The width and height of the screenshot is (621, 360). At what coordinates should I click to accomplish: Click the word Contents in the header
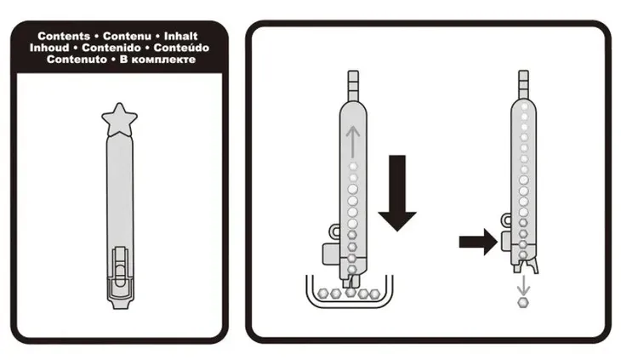click(x=64, y=36)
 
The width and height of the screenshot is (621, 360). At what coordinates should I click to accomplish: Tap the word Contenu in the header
click(x=127, y=36)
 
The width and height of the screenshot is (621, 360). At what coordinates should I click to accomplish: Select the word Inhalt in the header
click(x=180, y=36)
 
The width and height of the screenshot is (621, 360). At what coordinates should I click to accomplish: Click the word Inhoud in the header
click(x=49, y=48)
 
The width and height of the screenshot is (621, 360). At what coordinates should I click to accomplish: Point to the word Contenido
click(x=111, y=48)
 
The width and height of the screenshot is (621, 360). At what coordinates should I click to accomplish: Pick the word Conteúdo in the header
click(x=181, y=48)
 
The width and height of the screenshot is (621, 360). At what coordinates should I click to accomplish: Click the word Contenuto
click(x=77, y=60)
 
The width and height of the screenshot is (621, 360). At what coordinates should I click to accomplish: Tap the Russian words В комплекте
click(x=157, y=60)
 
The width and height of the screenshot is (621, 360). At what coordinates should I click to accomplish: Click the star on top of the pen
click(x=119, y=120)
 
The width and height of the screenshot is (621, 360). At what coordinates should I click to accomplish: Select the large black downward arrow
click(x=397, y=193)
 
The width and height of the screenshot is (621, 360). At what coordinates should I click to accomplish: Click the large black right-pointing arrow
click(x=478, y=242)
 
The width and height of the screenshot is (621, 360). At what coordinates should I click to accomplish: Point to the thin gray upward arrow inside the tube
click(x=352, y=142)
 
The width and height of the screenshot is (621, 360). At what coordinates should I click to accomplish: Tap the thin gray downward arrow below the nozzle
click(x=523, y=286)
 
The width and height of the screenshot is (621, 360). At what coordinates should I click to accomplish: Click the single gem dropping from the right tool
click(x=523, y=303)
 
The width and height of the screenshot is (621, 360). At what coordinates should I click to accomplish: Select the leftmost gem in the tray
click(x=323, y=294)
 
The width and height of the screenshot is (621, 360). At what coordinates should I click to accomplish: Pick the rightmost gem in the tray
click(x=374, y=294)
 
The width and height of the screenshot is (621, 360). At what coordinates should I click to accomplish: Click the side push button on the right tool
click(x=506, y=242)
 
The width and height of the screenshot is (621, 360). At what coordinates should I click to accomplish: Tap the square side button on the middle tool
click(x=331, y=254)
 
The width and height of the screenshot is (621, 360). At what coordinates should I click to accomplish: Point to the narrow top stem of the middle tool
click(x=353, y=86)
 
